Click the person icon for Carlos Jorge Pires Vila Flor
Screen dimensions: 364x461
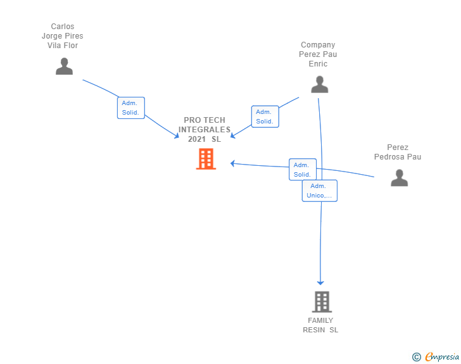click(64, 66)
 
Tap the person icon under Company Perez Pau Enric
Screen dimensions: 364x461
click(320, 84)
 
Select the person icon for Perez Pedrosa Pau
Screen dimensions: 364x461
click(399, 178)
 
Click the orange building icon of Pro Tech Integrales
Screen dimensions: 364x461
click(206, 159)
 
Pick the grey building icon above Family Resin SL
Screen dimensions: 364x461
click(322, 302)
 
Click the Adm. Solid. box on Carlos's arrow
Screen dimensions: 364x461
click(131, 108)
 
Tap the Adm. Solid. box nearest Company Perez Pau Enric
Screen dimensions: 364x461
click(265, 116)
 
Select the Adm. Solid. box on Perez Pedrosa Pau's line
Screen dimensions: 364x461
click(302, 169)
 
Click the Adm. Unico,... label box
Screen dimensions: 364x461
click(319, 191)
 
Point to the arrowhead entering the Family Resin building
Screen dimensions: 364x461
click(320, 282)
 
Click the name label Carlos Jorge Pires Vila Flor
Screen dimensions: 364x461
click(63, 36)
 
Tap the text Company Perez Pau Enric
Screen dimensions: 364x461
click(318, 54)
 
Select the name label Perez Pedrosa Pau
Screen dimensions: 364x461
click(397, 153)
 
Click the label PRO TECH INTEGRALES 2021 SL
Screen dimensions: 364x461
click(205, 129)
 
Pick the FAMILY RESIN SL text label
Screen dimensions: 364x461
click(320, 325)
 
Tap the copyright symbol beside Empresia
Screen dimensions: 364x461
click(416, 357)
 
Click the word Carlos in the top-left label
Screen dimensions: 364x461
click(63, 27)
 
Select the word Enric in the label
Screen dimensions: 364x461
click(318, 64)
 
